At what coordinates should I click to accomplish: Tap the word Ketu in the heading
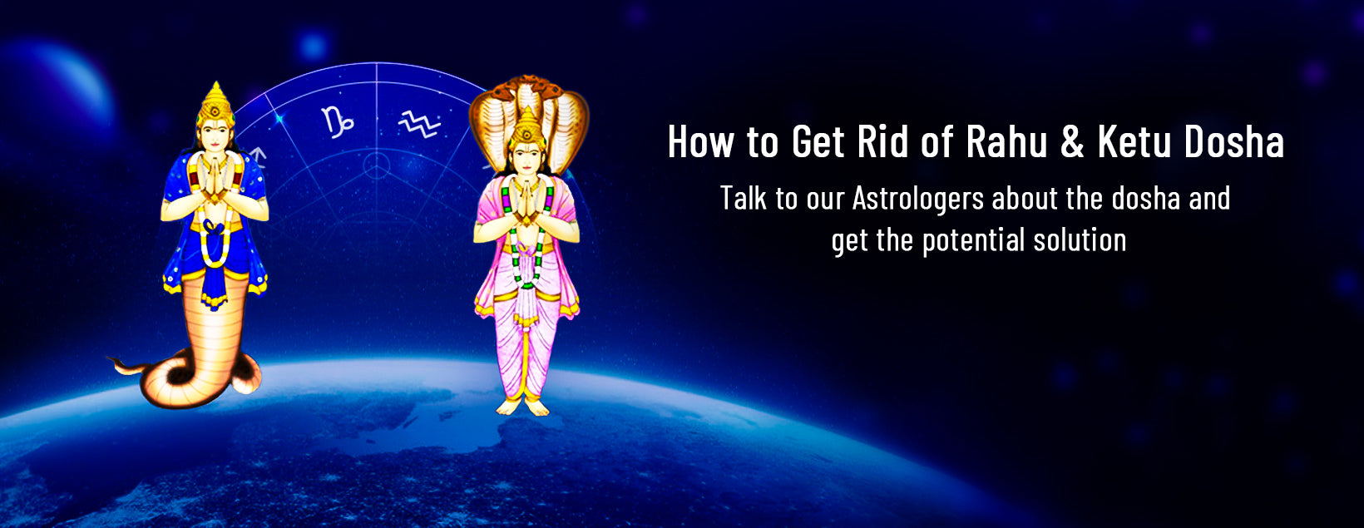[x=1133, y=142]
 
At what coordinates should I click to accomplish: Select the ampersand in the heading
[x=1072, y=142]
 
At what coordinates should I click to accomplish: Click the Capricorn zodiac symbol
[x=338, y=121]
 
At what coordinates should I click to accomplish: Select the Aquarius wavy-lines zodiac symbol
[x=418, y=125]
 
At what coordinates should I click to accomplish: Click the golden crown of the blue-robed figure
[x=216, y=104]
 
